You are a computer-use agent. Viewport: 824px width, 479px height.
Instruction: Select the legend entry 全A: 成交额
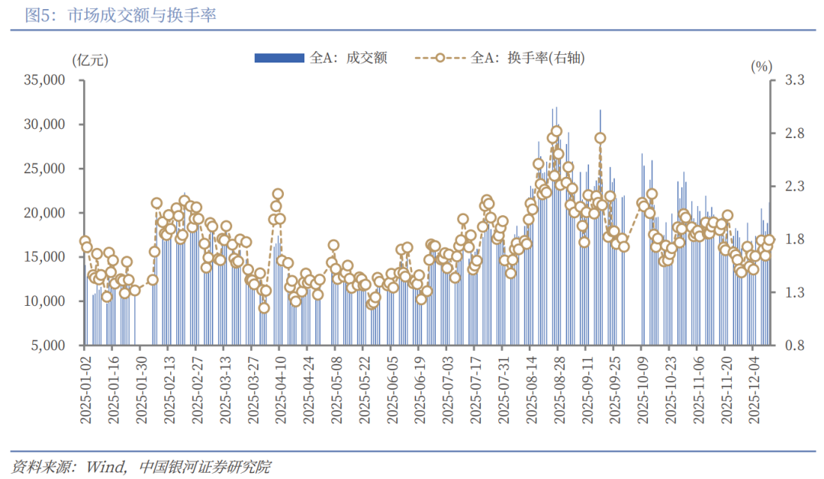(x=320, y=57)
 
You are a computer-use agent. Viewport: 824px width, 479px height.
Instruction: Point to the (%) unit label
(x=761, y=66)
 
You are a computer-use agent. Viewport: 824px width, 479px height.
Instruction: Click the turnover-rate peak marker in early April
(x=278, y=194)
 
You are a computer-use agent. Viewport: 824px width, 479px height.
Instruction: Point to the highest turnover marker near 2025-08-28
(x=556, y=131)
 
